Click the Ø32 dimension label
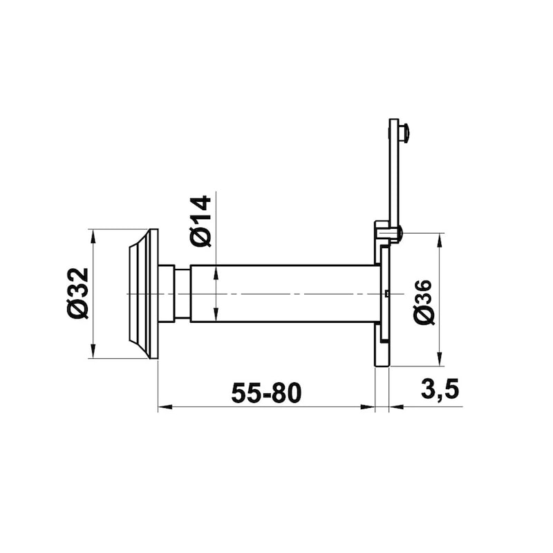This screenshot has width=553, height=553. point(77,293)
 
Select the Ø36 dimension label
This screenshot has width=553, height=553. point(423,302)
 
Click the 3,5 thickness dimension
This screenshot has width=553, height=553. point(440,389)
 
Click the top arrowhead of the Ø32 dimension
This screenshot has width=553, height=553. point(93,236)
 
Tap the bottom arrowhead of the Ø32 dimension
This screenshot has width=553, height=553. point(93,352)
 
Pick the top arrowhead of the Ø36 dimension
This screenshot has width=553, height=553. point(440,240)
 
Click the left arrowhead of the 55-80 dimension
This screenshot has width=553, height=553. point(165,407)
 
